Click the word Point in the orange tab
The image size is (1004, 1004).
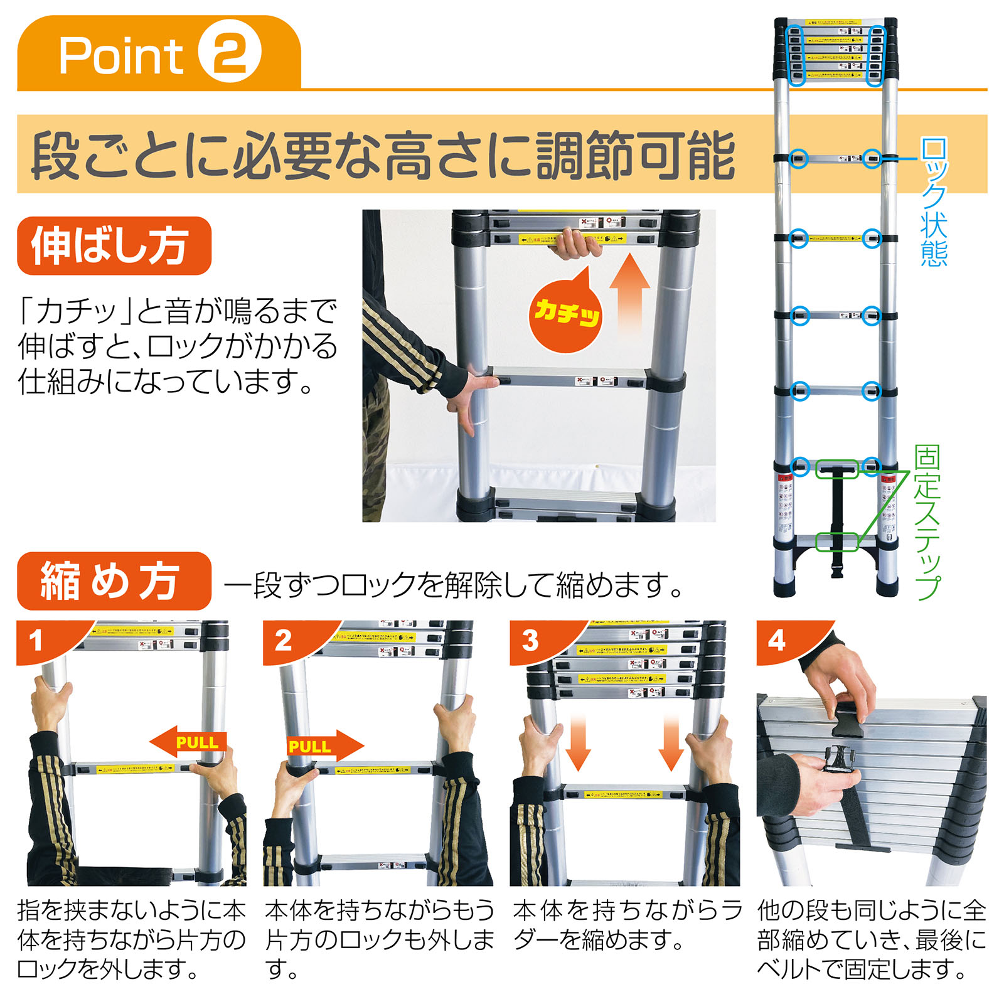point(121,56)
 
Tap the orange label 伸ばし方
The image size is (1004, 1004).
point(114,245)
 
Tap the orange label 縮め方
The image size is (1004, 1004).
point(114,580)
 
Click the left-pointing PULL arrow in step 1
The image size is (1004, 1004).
point(188,743)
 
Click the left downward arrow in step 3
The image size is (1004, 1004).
point(577,743)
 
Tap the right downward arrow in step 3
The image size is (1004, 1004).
point(671,743)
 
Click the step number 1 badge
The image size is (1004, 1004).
point(38,640)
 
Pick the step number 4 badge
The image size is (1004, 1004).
point(778,640)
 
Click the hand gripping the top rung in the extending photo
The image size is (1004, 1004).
point(575,245)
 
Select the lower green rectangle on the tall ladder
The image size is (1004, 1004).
point(837,542)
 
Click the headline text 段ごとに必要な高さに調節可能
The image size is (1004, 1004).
point(383,155)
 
